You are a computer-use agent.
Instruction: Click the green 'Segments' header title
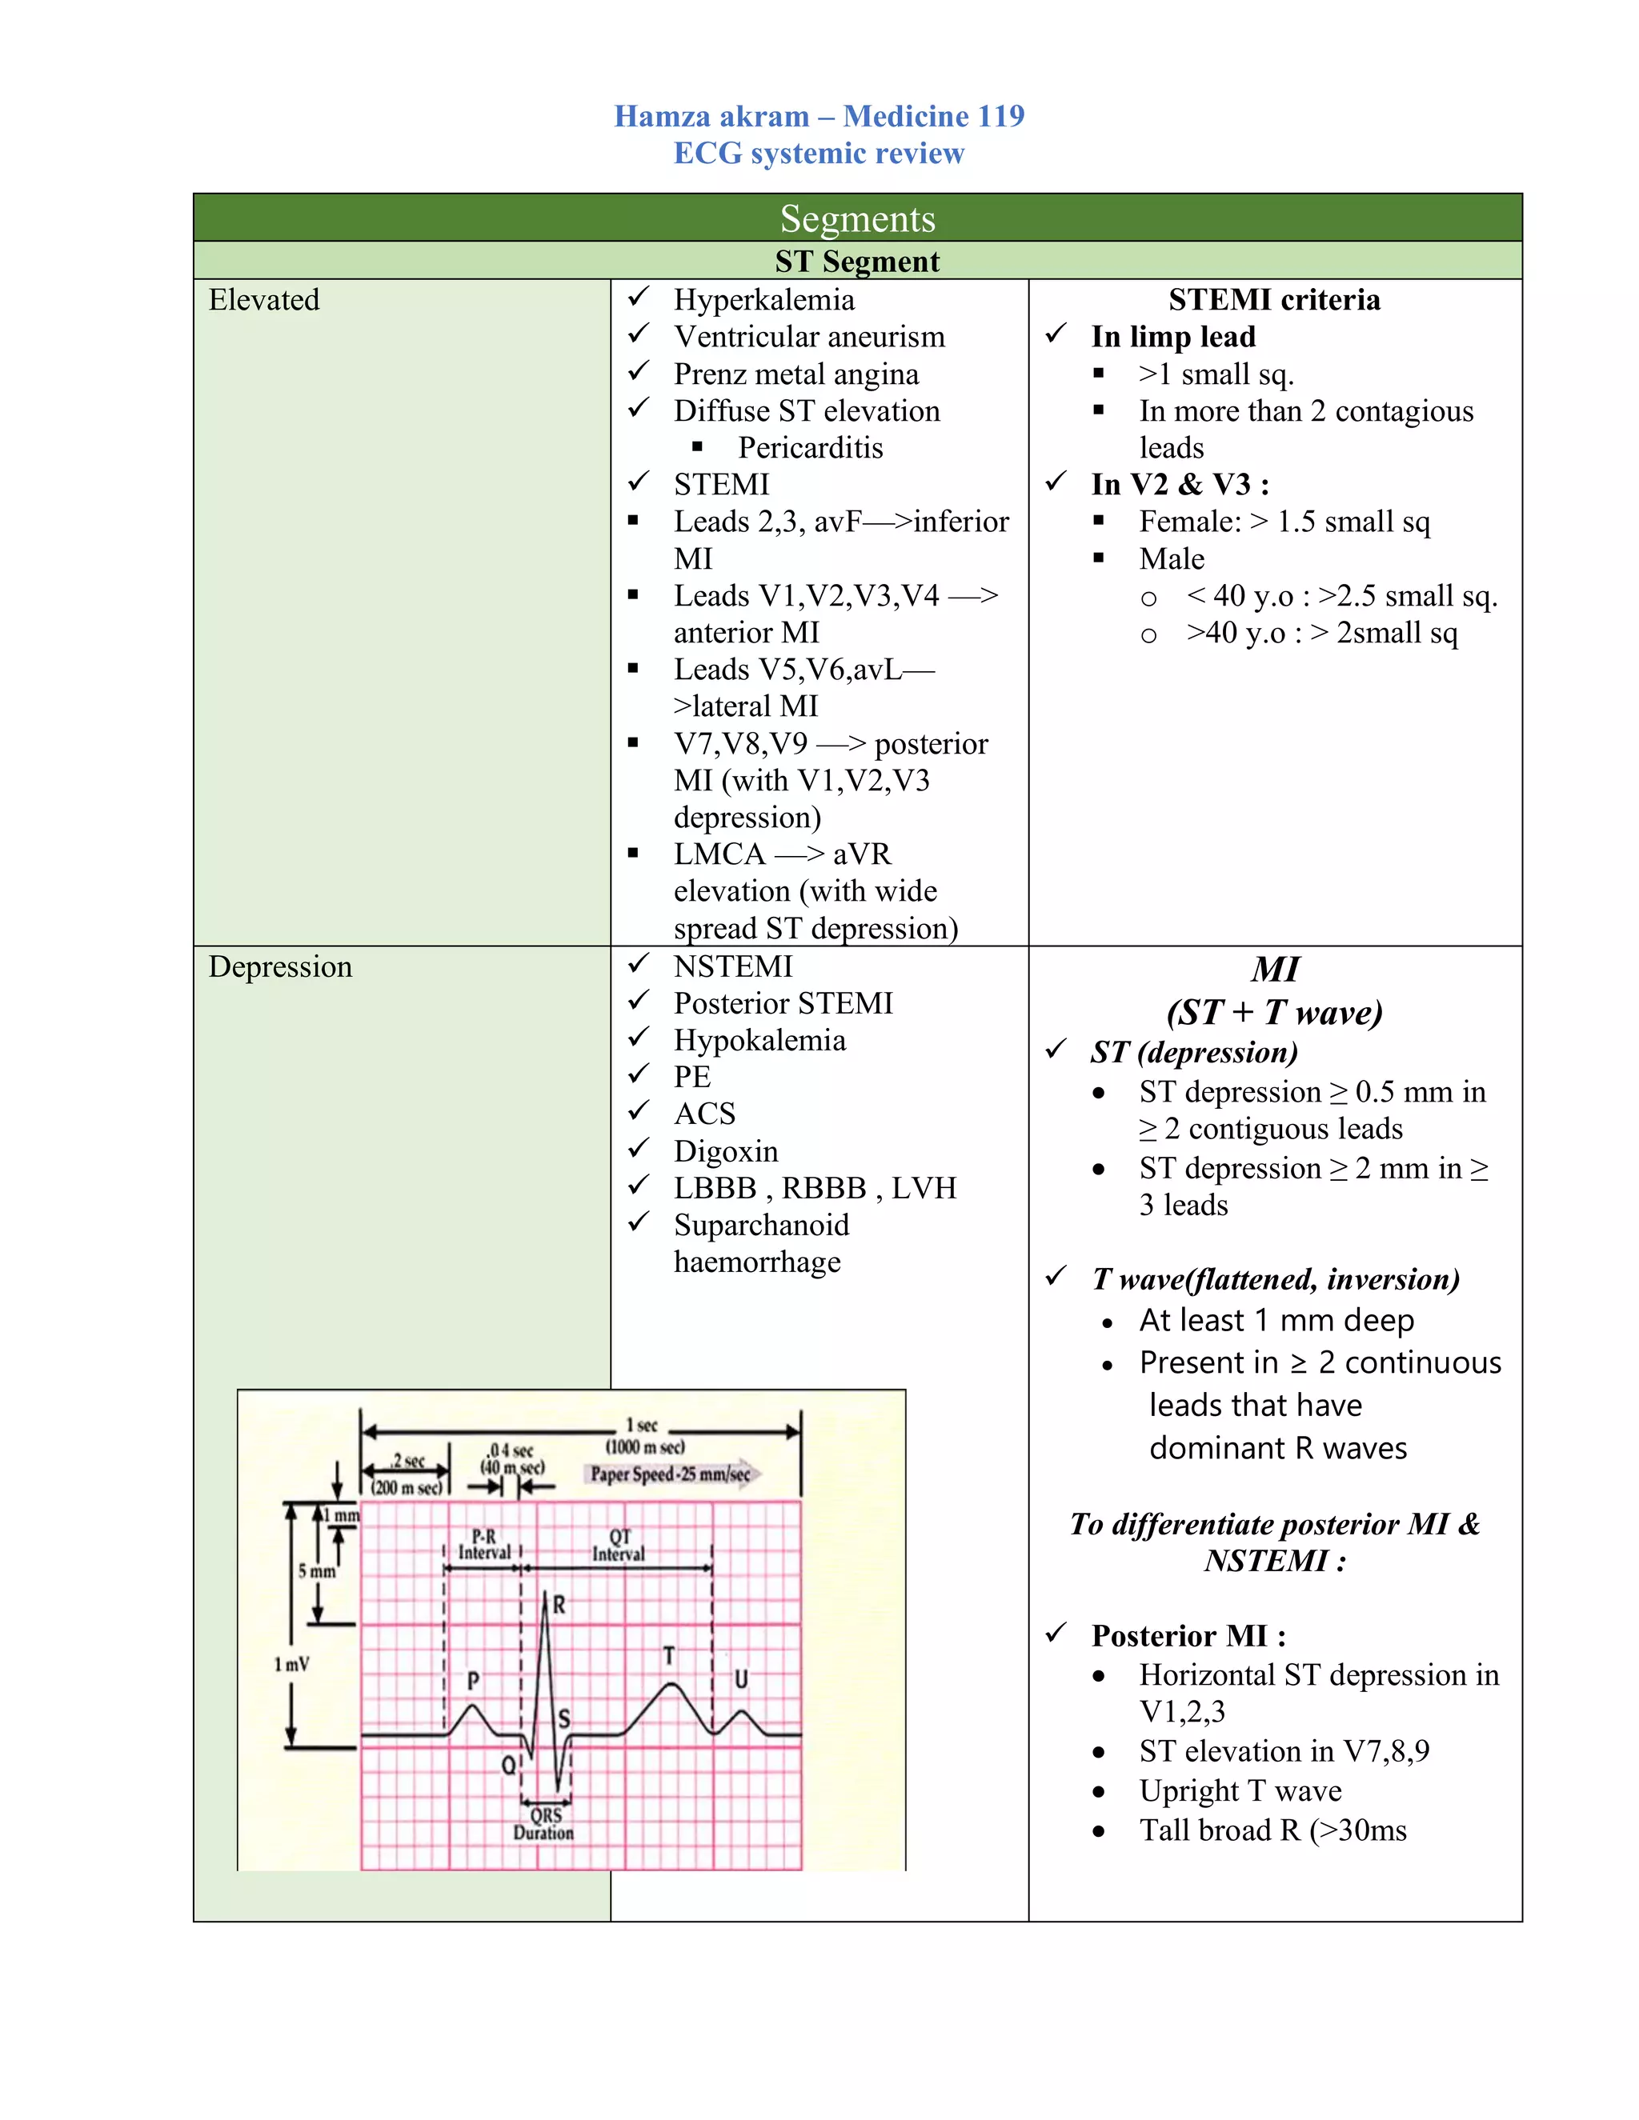tap(856, 218)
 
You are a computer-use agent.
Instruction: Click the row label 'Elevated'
tap(263, 300)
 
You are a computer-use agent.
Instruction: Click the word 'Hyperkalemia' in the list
tap(764, 300)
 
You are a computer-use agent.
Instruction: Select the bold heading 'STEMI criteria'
tap(1274, 299)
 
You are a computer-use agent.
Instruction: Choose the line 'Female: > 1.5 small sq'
tap(1284, 522)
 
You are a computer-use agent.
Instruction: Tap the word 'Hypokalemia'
tap(759, 1041)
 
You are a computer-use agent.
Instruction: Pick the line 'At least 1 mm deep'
tap(1276, 1320)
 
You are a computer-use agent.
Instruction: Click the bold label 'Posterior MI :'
tap(1188, 1636)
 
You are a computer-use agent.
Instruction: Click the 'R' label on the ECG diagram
tap(559, 1605)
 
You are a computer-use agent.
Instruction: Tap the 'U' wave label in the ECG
tap(741, 1678)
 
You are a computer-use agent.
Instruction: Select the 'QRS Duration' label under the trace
tap(543, 1824)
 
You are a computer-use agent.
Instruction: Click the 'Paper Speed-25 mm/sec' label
tap(670, 1474)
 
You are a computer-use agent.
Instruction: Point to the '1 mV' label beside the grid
tap(291, 1664)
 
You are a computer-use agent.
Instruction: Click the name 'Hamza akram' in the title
tap(711, 117)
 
